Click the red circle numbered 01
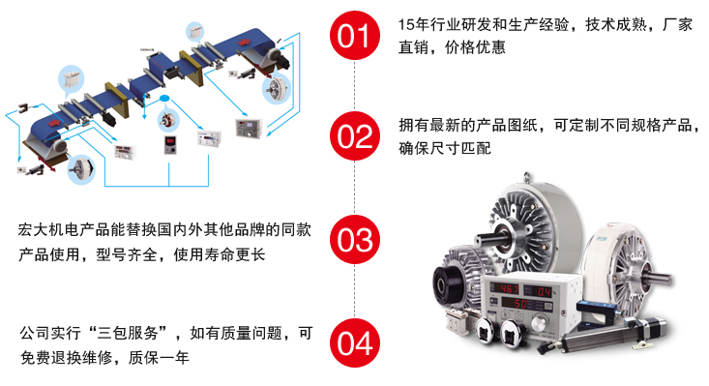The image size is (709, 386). pos(354,36)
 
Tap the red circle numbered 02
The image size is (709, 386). pos(354,134)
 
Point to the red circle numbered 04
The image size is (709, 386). pos(354,341)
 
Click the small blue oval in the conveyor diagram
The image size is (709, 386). pos(164,99)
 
